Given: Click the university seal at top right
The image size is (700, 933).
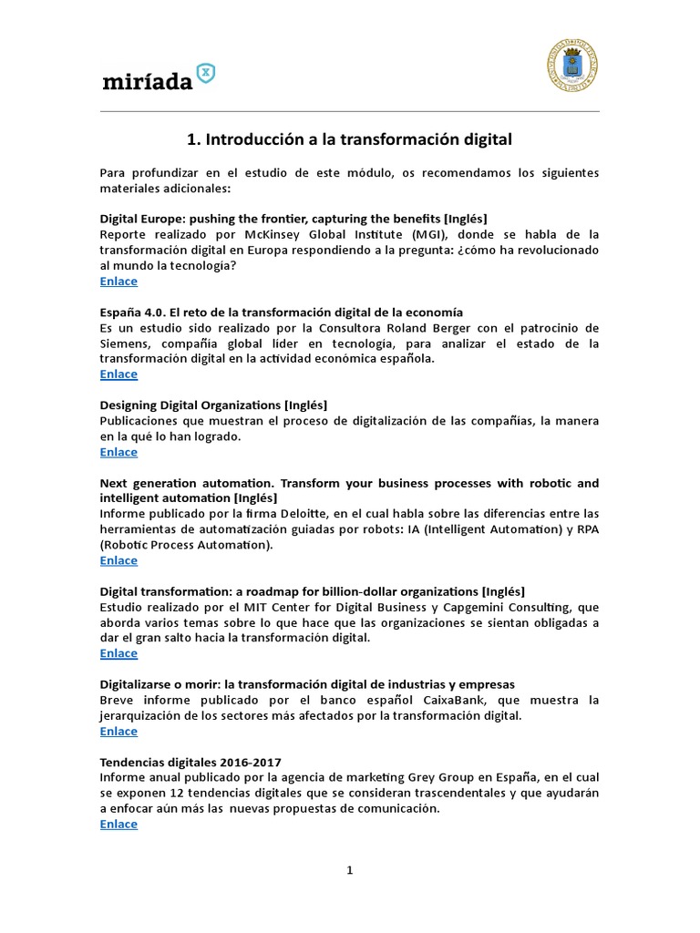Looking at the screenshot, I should point(573,65).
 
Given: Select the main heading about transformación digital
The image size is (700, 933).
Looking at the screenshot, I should point(349,139).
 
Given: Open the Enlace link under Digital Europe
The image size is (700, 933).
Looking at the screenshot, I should point(118,282).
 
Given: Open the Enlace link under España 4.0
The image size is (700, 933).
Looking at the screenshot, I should point(118,374).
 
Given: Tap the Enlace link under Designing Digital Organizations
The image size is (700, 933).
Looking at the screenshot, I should point(118,452).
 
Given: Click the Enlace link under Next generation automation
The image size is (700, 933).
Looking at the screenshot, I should point(118,560).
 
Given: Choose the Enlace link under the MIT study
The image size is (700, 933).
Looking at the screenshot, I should point(118,653).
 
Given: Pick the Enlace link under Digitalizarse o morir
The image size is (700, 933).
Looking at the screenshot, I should point(118,731).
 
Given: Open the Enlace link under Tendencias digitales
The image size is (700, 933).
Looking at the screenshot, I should point(118,824).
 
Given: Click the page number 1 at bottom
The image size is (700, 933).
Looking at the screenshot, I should point(349,870).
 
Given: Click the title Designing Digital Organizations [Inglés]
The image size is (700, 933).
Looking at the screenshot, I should point(212,405).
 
